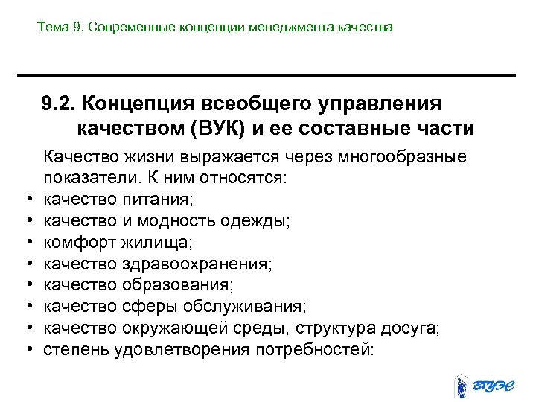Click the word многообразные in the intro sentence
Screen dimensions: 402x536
point(403,157)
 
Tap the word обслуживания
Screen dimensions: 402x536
point(249,307)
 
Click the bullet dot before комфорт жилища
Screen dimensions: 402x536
point(27,243)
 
